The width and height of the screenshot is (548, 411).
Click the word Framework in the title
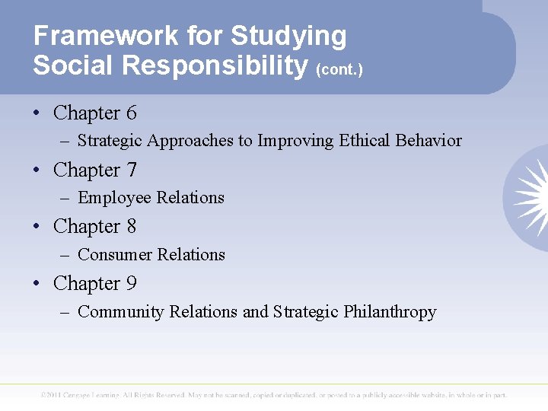91,36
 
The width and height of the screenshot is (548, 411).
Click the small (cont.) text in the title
339,69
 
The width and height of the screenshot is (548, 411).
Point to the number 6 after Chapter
131,113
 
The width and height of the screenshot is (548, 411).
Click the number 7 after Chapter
131,170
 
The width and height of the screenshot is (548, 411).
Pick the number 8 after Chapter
131,226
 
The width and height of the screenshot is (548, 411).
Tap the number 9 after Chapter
131,283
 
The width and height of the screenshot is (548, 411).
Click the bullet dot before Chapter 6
37,114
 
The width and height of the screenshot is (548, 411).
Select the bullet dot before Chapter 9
37,284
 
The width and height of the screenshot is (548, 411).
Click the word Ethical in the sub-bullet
365,141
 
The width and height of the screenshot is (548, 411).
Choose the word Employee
115,198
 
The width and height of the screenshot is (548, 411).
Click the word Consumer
113,254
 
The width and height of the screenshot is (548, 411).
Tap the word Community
121,311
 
